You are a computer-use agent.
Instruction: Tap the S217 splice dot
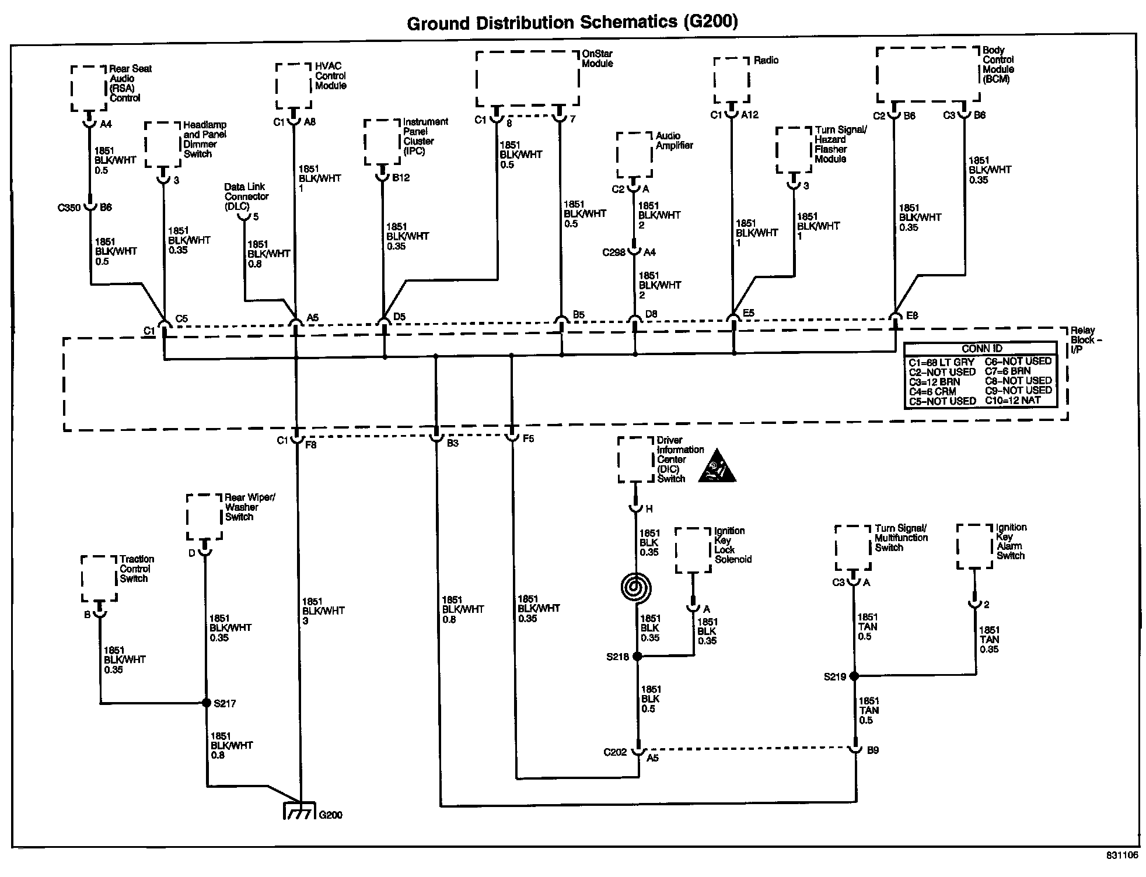pos(206,703)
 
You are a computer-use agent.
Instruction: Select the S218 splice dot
pos(637,656)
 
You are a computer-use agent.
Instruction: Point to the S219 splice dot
pos(854,676)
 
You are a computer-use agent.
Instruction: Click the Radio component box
pos(732,80)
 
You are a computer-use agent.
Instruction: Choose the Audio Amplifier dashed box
pos(634,155)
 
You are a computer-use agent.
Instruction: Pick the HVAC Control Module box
pos(294,86)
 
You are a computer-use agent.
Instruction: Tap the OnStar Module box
pos(527,78)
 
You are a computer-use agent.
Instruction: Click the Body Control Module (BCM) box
pos(928,75)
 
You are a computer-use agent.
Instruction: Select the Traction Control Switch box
pos(99,578)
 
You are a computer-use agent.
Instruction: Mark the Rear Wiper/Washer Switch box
pos(204,517)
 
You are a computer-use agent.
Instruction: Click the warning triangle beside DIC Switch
pos(717,466)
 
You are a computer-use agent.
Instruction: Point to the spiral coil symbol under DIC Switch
pos(637,587)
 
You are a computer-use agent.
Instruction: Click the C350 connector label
pos(69,208)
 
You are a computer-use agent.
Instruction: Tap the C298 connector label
pos(614,252)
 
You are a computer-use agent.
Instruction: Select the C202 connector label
pos(615,752)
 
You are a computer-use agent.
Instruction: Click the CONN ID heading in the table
pos(982,349)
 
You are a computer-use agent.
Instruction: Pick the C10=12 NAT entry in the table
pos(1013,400)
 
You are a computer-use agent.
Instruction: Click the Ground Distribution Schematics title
pos(572,23)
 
